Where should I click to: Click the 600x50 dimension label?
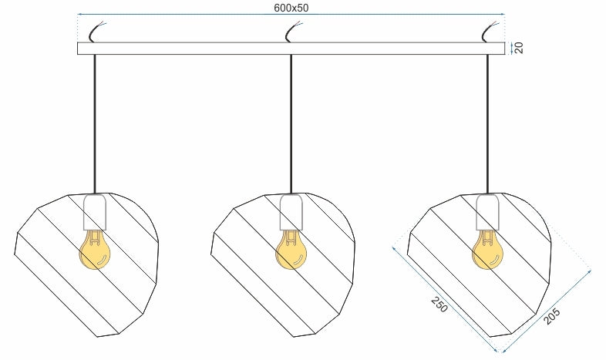[x=291, y=8]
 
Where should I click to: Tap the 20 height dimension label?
[x=520, y=48]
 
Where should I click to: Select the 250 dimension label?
[x=439, y=304]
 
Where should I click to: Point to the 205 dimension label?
[x=551, y=316]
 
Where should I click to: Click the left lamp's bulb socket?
[x=95, y=212]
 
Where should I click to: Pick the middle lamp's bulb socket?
[x=291, y=212]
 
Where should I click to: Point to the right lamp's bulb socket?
[x=488, y=212]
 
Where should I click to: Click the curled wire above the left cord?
[x=96, y=32]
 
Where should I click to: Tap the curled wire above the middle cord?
[x=293, y=32]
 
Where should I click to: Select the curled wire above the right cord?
[x=490, y=32]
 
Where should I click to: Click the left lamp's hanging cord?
[x=94, y=123]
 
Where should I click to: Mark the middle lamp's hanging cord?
[x=291, y=123]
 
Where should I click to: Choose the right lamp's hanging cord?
[x=487, y=123]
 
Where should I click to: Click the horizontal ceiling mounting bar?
[x=291, y=49]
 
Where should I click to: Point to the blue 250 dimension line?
[x=444, y=299]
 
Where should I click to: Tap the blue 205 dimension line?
[x=546, y=311]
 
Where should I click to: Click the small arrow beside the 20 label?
[x=512, y=49]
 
